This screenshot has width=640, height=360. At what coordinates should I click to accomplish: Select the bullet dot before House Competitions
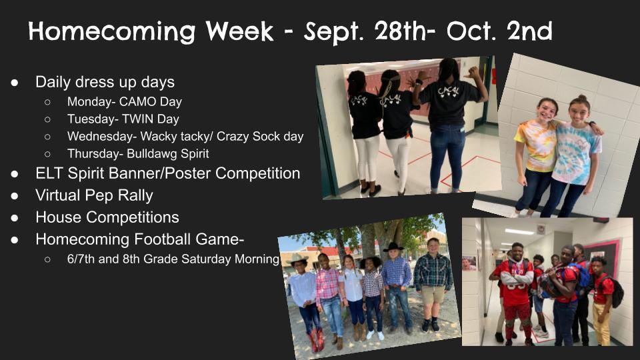[15, 217]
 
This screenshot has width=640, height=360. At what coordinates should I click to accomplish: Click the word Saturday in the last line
[203, 259]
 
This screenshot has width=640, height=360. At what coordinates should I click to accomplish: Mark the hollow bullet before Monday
[48, 102]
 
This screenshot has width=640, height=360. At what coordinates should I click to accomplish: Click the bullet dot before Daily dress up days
[15, 82]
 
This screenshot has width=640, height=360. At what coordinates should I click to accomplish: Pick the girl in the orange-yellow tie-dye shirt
[539, 153]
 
